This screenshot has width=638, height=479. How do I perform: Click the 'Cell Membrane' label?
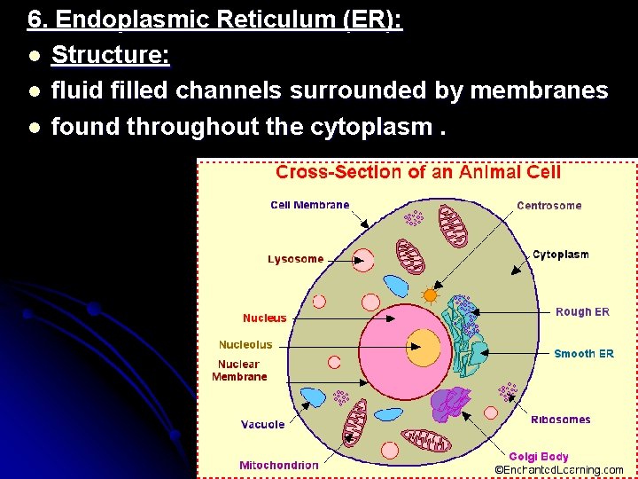coord(309,205)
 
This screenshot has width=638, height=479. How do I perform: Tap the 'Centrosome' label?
coord(549,206)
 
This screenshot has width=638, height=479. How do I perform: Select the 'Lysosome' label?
coord(296,259)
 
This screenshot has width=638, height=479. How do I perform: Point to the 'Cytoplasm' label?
coord(560,255)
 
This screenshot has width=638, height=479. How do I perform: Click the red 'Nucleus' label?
coord(265,318)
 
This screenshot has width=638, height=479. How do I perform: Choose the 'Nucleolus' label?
coord(245,344)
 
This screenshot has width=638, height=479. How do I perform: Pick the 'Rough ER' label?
coord(582,311)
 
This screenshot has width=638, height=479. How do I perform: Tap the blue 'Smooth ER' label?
coord(583,354)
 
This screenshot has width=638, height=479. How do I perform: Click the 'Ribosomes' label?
coord(561,420)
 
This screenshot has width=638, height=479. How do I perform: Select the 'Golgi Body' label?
coord(539,457)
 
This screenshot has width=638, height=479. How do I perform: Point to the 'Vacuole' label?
coord(263,424)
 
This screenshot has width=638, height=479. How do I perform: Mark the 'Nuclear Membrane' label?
coord(239,370)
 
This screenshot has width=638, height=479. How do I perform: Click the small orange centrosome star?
coord(431,294)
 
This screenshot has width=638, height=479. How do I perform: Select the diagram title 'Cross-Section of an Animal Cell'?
coord(418,172)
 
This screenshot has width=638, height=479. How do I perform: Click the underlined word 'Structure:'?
coord(111,55)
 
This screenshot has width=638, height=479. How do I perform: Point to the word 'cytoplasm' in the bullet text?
coord(370,127)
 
